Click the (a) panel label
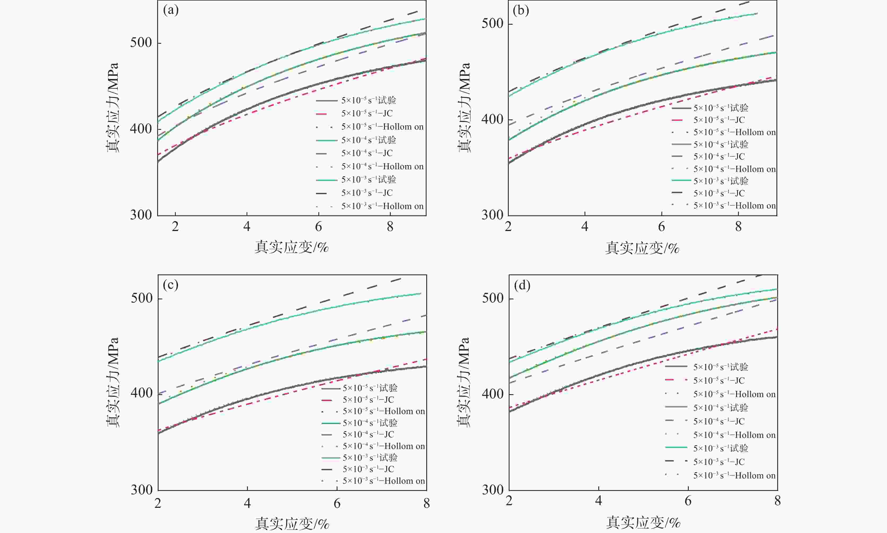coord(171,10)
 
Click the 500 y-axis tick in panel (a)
coord(141,42)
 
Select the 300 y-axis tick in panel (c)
coord(142,490)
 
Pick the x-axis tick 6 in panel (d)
coord(688,501)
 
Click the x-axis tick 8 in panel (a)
coord(390,227)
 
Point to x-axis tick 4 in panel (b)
coord(585,227)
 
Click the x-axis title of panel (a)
coord(292,247)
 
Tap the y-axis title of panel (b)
coord(464,108)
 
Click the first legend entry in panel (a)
coord(368,100)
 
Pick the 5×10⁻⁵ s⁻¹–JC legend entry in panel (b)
coord(719,120)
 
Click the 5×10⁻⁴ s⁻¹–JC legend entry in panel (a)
coord(367,153)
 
